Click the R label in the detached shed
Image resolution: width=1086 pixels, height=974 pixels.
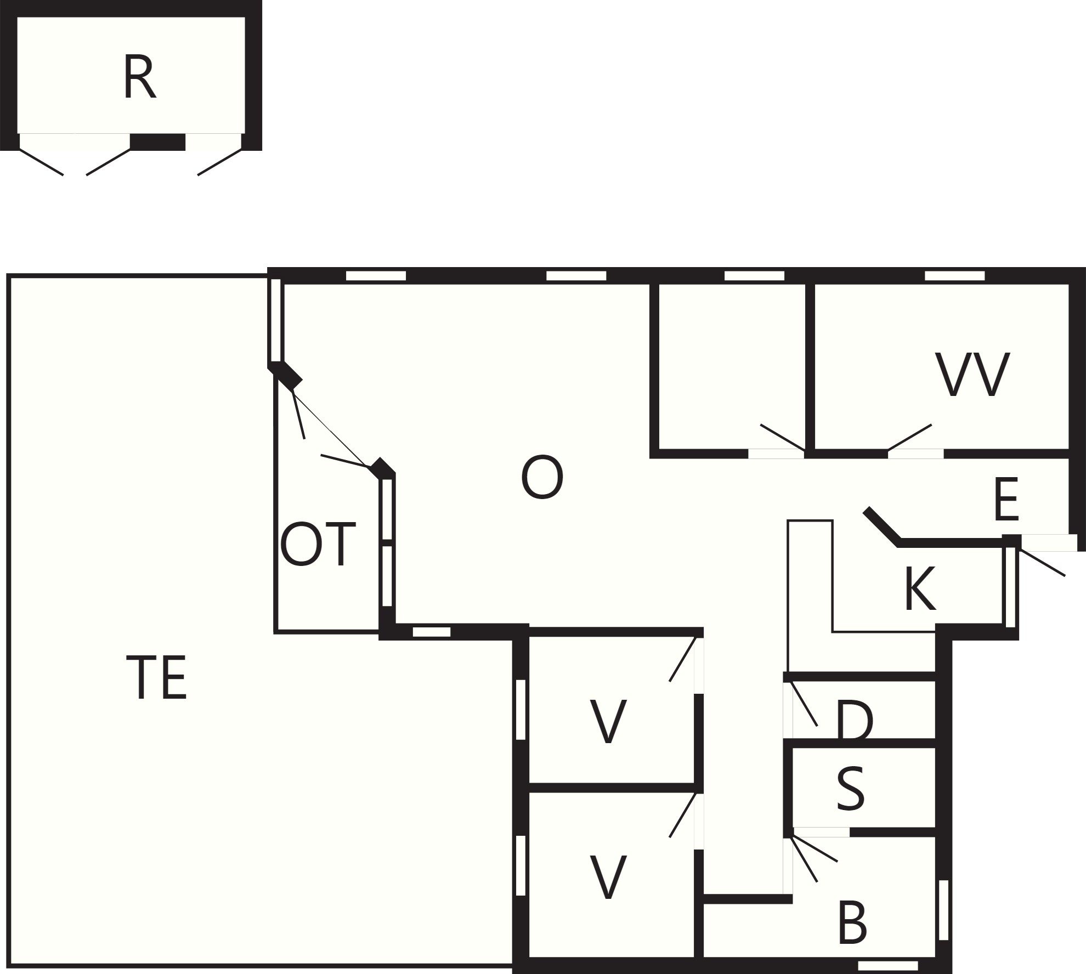click(x=140, y=77)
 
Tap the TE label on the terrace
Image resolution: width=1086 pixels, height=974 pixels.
click(x=157, y=678)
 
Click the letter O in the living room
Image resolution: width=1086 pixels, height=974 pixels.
click(x=542, y=478)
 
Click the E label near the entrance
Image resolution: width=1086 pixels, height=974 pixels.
click(x=1006, y=500)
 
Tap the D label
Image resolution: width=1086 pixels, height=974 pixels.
click(x=855, y=722)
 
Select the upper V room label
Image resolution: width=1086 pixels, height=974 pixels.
click(x=608, y=722)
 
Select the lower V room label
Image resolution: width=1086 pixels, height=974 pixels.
click(x=608, y=877)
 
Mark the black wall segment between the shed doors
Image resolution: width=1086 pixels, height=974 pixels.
click(x=157, y=142)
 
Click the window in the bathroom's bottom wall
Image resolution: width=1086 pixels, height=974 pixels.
click(x=887, y=966)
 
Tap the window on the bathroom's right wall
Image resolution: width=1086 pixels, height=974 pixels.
click(x=943, y=910)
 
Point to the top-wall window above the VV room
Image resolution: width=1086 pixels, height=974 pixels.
click(x=954, y=275)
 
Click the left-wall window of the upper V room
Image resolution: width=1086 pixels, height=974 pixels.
click(x=521, y=710)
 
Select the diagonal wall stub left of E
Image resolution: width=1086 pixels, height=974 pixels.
click(x=882, y=526)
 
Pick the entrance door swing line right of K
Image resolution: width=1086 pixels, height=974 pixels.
click(x=1041, y=562)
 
